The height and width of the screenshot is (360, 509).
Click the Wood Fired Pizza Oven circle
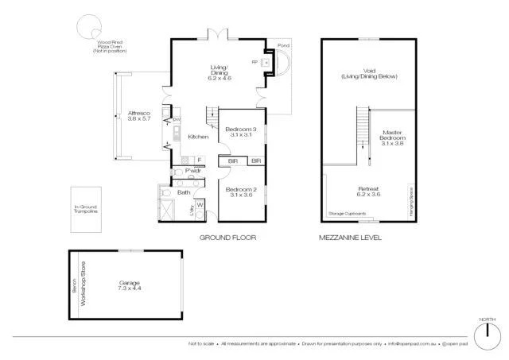pos(85,29)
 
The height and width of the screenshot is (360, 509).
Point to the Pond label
pos(284,45)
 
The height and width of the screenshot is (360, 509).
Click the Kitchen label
pos(198,137)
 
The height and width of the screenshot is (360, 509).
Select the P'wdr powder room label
pos(192,171)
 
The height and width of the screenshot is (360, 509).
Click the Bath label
pos(184,192)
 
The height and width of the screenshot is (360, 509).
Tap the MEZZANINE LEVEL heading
pos(350,238)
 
